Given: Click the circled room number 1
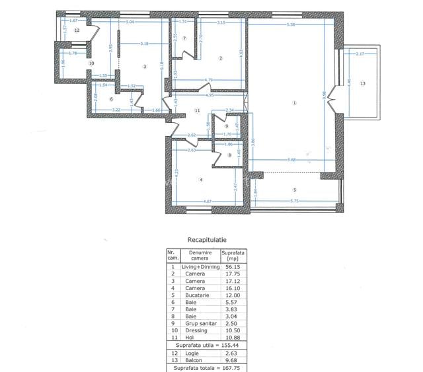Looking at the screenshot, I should click(295, 102).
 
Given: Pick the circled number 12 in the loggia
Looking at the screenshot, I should click(77, 30).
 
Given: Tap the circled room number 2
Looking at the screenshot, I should click(221, 59).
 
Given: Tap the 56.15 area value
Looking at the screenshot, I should click(233, 267).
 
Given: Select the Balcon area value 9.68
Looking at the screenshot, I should click(233, 360).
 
